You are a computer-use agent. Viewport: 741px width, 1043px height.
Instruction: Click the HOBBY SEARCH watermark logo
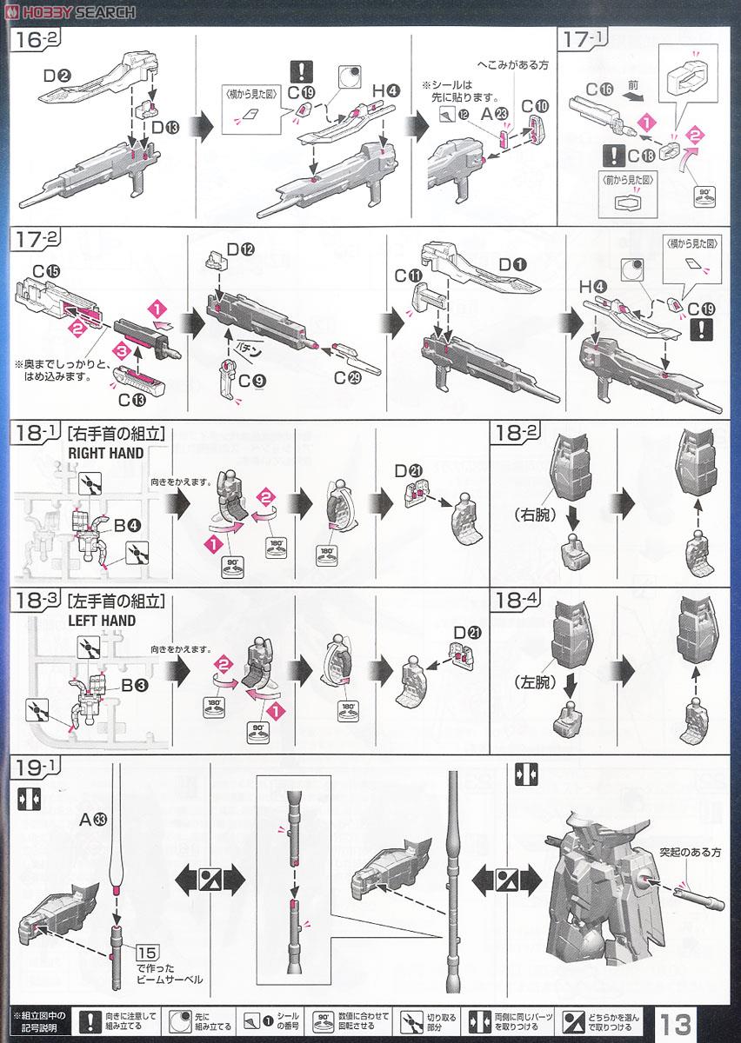(x=70, y=11)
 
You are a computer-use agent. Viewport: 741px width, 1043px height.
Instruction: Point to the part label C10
(x=534, y=106)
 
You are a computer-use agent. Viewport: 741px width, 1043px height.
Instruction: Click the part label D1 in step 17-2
(x=510, y=262)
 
